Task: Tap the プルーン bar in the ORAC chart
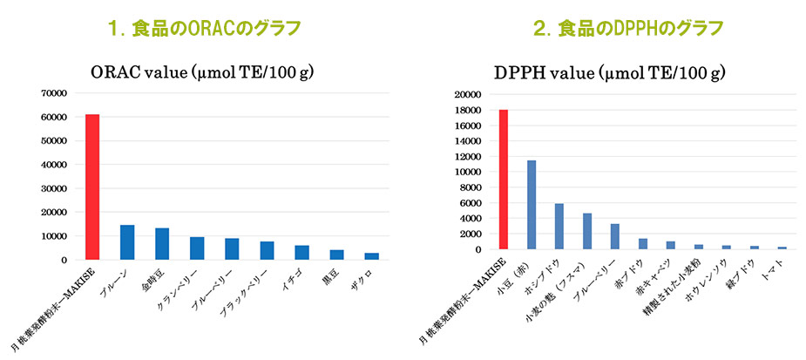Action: pos(127,242)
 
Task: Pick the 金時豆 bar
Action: pos(162,244)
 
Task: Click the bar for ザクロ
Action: pos(371,255)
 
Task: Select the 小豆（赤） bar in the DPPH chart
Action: pos(532,205)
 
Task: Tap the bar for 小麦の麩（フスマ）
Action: pos(587,231)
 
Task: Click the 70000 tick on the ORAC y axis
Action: pos(54,92)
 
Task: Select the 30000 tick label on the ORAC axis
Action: pos(54,188)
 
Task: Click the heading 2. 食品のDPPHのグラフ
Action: pos(627,29)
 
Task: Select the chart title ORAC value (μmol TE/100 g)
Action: pos(202,72)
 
